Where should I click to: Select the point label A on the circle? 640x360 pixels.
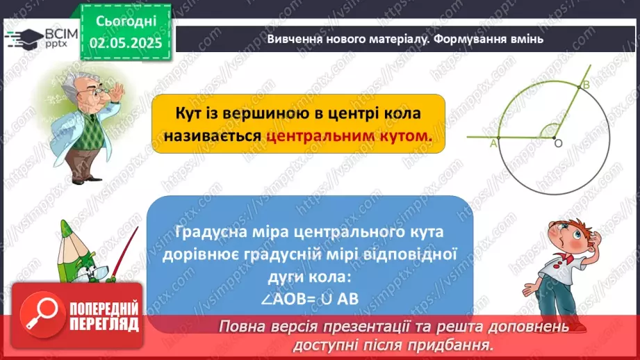tap(493, 143)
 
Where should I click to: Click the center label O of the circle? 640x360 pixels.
tap(557, 143)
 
